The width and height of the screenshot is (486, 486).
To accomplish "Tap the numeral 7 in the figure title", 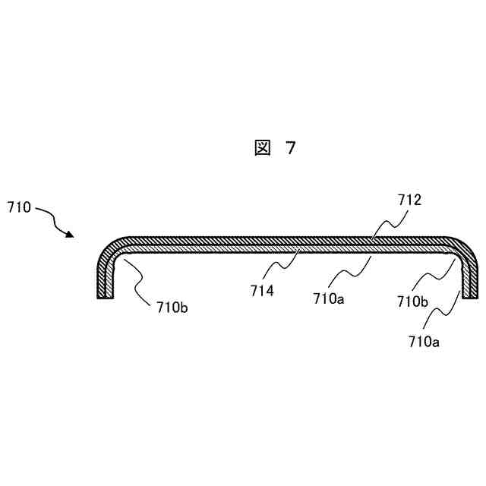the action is (290, 149).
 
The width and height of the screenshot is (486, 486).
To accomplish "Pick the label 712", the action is (409, 200).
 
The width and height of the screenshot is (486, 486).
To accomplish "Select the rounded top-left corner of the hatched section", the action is (110, 247).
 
